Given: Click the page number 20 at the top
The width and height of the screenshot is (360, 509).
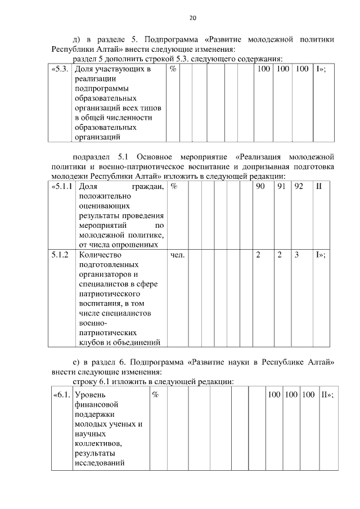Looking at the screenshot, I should pyautogui.click(x=192, y=18).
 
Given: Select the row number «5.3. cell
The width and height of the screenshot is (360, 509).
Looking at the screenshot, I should pyautogui.click(x=60, y=69).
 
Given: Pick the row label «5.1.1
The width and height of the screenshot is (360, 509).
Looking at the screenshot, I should pyautogui.click(x=62, y=186).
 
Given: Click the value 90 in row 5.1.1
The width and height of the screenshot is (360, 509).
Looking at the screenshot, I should pyautogui.click(x=260, y=186).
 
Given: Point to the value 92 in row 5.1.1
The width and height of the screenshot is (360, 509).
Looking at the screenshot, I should pyautogui.click(x=299, y=186).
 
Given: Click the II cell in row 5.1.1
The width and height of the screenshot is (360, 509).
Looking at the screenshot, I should pyautogui.click(x=318, y=186).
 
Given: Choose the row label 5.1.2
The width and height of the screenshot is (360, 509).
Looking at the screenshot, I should pyautogui.click(x=60, y=255).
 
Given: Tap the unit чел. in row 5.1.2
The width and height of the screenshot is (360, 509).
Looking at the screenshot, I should pyautogui.click(x=177, y=255).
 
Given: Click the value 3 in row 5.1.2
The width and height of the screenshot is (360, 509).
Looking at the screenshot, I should pyautogui.click(x=296, y=255).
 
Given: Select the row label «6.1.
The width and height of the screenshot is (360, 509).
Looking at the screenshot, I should pyautogui.click(x=61, y=395).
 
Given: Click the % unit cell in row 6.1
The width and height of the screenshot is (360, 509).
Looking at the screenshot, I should pyautogui.click(x=155, y=395).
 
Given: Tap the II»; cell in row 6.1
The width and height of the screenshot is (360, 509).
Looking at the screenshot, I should pyautogui.click(x=327, y=395).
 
